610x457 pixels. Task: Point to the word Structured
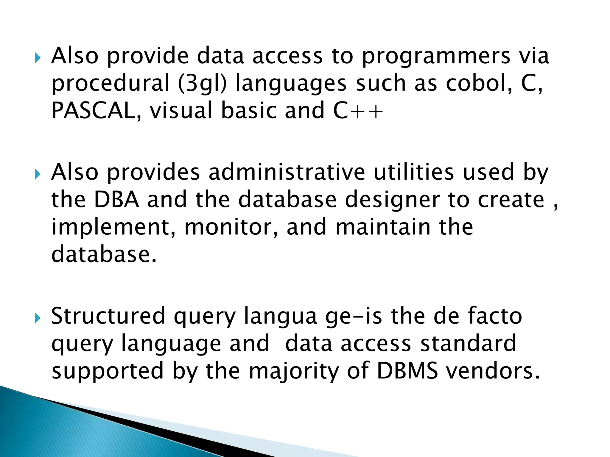[108, 316]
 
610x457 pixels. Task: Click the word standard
[468, 343]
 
